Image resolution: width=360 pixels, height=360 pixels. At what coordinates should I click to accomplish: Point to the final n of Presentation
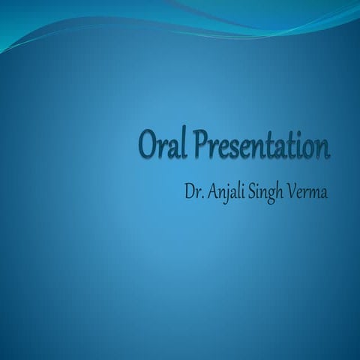(x=324, y=148)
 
